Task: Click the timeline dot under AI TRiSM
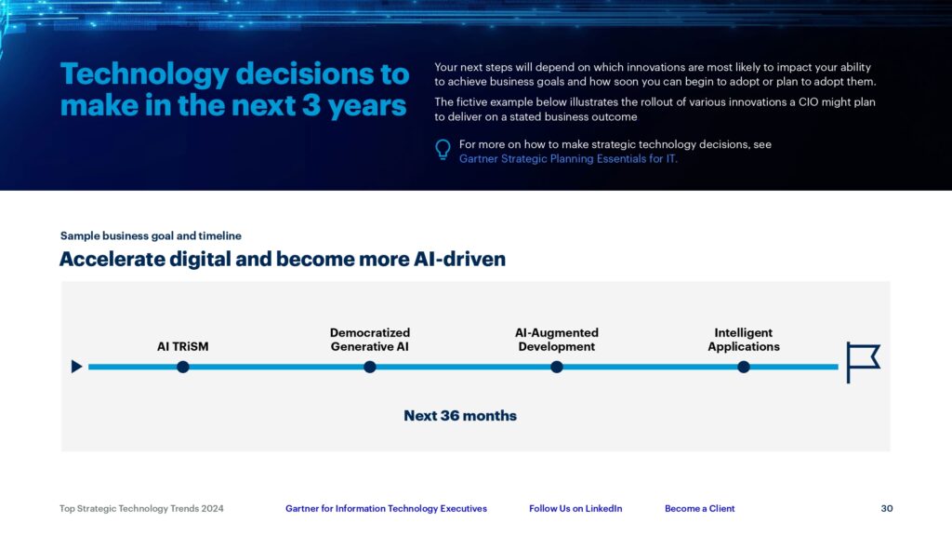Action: point(183,367)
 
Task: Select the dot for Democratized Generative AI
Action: point(370,367)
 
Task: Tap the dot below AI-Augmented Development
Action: point(557,367)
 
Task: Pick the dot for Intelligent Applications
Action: point(744,367)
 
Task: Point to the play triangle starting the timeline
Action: point(76,367)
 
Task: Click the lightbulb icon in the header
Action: point(443,150)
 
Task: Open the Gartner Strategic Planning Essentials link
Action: point(568,158)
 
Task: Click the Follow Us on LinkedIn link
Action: point(575,509)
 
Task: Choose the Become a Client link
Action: point(699,509)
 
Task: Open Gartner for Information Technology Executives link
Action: point(386,509)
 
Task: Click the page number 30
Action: point(887,509)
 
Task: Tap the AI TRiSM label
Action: point(183,346)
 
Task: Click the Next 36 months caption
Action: point(460,416)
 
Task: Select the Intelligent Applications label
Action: point(744,340)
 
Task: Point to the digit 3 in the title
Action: point(311,105)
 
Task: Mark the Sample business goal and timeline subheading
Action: point(151,235)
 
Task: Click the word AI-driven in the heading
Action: point(459,259)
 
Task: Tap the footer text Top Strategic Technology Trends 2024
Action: point(141,509)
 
